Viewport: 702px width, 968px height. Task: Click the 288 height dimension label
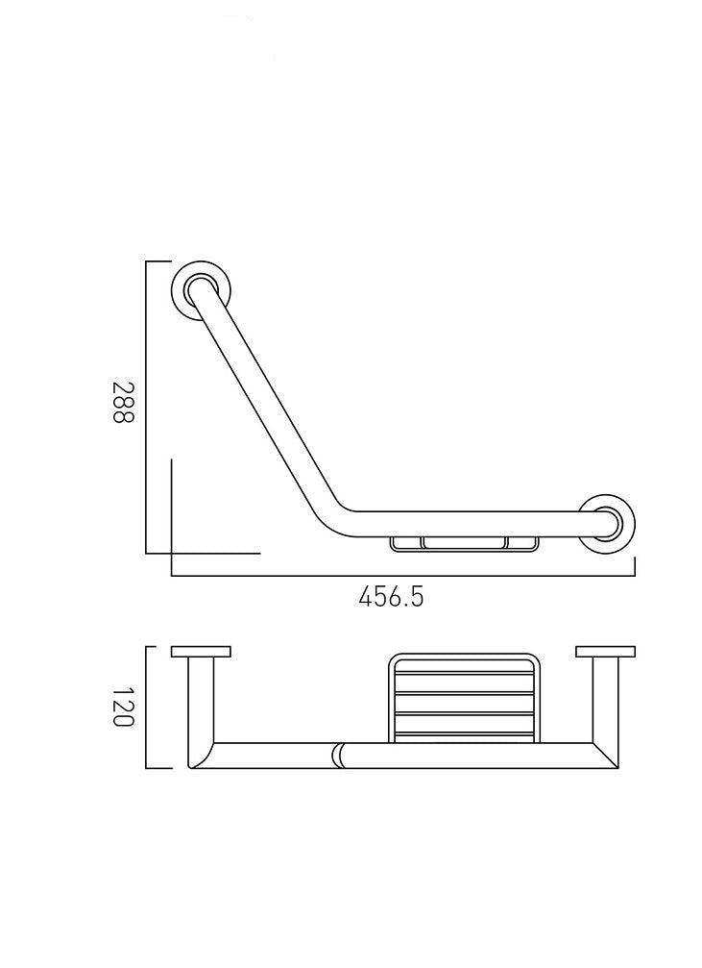(123, 402)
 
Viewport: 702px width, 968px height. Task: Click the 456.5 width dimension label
(391, 597)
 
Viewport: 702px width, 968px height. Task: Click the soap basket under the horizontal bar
(464, 543)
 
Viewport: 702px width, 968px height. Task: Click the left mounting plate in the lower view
(201, 652)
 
